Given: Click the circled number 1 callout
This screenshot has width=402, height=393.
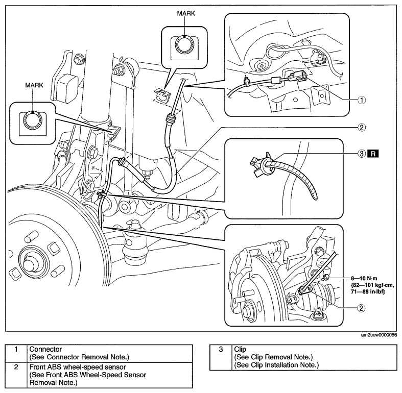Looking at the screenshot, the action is click(x=362, y=100).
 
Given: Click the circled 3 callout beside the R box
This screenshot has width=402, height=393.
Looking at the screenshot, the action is click(x=361, y=154).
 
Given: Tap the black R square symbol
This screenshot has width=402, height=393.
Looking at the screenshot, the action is click(x=373, y=154).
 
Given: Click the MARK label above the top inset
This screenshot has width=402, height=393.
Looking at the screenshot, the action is click(x=186, y=13).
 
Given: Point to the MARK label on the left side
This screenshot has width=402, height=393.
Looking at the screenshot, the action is click(x=34, y=85).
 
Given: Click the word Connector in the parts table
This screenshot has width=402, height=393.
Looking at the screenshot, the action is click(x=45, y=349).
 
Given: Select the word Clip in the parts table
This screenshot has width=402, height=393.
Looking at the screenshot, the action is click(x=240, y=349).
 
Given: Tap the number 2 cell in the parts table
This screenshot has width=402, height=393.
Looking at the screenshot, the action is click(x=16, y=367).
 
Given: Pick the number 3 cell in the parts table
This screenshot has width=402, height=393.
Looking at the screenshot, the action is click(x=221, y=349).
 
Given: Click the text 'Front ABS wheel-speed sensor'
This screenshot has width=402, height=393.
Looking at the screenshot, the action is click(x=78, y=367).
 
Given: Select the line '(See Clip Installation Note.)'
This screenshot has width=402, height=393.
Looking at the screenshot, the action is click(x=276, y=365).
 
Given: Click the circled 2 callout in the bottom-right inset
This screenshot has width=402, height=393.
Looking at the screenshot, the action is click(x=361, y=308).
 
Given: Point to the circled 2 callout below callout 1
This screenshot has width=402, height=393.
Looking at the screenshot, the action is click(x=361, y=127).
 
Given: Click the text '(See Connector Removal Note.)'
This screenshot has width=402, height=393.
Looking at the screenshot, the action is click(x=79, y=357).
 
